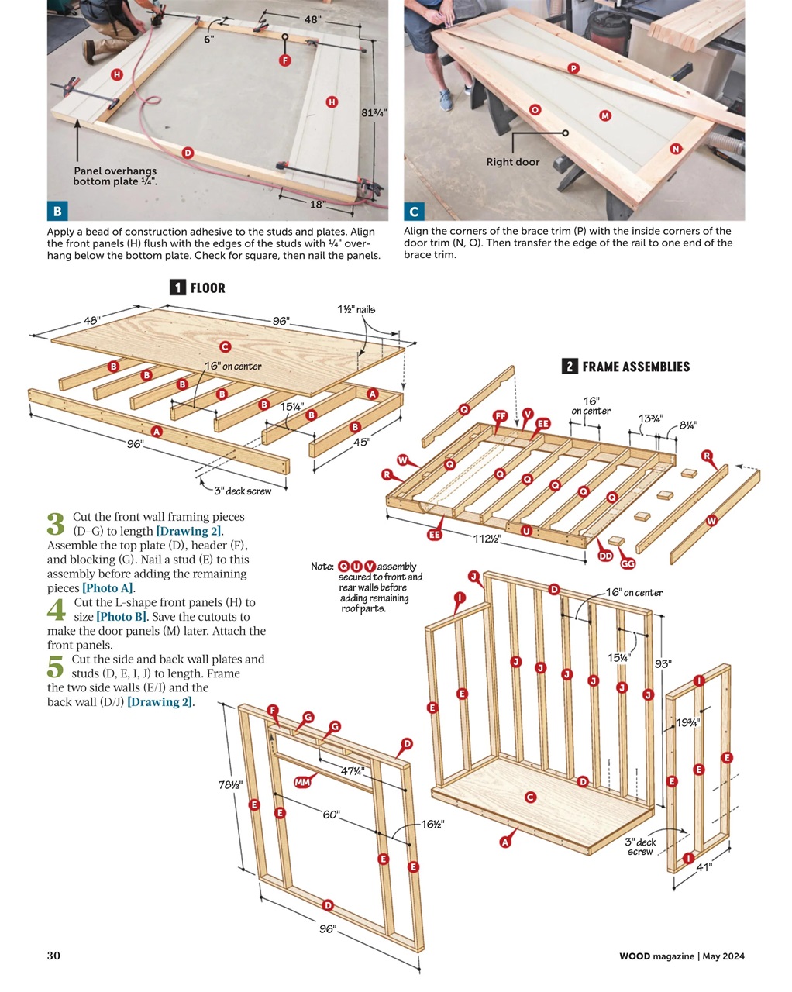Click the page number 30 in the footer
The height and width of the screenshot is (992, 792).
53,956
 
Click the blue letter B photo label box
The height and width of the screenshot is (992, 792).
57,211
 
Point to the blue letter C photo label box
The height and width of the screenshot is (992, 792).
414,211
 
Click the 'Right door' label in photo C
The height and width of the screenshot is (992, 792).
512,162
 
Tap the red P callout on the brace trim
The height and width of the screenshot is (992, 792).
573,68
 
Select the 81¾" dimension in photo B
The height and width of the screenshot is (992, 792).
374,112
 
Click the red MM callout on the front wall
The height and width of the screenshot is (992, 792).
302,782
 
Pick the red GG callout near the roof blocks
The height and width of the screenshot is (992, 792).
628,563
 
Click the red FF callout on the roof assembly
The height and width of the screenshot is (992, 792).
501,416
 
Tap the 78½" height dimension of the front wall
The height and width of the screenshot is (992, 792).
230,784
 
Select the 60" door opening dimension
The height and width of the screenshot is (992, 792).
331,815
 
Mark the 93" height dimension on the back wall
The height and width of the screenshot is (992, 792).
663,663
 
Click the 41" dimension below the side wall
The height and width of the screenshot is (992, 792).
704,867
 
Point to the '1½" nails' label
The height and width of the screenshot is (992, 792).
356,309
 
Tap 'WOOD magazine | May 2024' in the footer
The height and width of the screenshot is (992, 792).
682,956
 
